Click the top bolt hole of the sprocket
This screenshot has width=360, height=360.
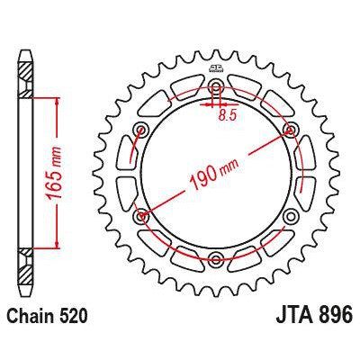[x=216, y=87]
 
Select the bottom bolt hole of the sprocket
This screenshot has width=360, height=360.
[x=216, y=260]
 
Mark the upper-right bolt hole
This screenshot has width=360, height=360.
[x=291, y=130]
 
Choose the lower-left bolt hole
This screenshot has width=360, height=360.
[x=141, y=217]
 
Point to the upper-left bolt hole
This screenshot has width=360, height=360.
[x=141, y=130]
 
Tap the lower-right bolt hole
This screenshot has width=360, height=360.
[x=291, y=217]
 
